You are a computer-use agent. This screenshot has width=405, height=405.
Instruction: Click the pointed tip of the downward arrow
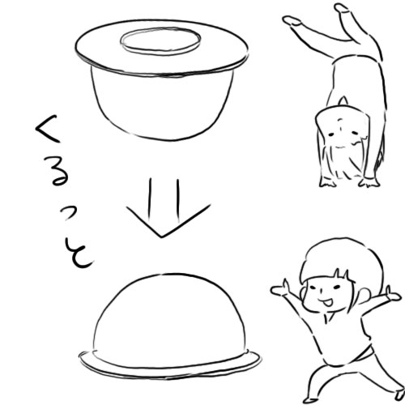(x=162, y=237)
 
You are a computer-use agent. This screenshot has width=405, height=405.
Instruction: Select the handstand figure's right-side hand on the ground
(x=369, y=183)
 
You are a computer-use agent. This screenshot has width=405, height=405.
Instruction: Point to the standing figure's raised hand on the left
(x=279, y=289)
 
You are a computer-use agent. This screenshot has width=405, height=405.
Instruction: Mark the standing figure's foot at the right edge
(x=400, y=394)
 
